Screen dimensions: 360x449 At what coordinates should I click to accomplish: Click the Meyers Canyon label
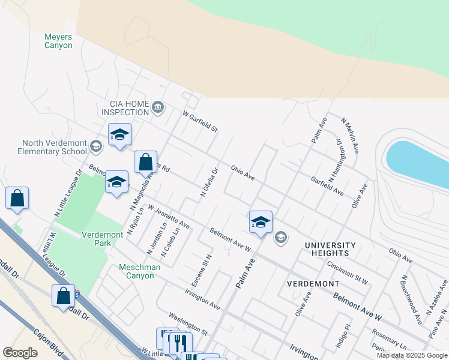[58, 41]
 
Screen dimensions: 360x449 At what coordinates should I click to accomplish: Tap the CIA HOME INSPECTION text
[125, 108]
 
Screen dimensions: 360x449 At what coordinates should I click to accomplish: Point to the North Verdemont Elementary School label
[55, 147]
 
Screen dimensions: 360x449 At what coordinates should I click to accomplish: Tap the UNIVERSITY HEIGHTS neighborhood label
[330, 250]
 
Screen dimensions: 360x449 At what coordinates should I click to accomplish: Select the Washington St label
[188, 323]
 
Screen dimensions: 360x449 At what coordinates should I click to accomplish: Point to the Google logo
[20, 353]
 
